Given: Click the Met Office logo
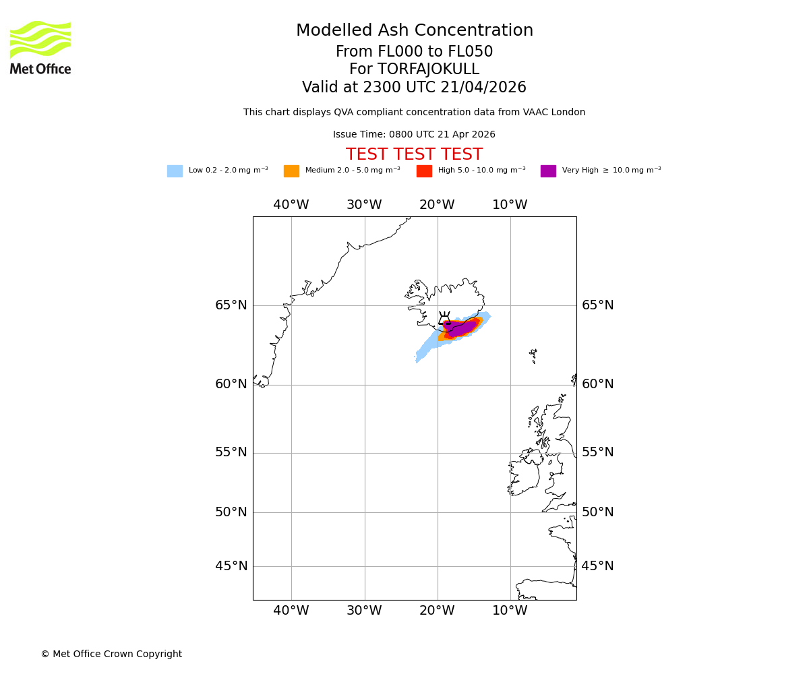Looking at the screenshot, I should pyautogui.click(x=40, y=47).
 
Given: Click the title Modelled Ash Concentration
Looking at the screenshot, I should pyautogui.click(x=414, y=31).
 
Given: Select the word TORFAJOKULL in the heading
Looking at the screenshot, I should pyautogui.click(x=428, y=69).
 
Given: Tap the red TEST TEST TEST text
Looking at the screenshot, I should pyautogui.click(x=414, y=155).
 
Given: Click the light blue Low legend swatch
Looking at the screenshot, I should pyautogui.click(x=175, y=171).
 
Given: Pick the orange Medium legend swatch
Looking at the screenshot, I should pyautogui.click(x=291, y=171).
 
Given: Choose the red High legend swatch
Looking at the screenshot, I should pyautogui.click(x=424, y=171).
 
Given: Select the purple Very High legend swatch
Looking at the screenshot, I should pyautogui.click(x=548, y=171).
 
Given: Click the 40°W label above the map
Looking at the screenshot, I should pyautogui.click(x=291, y=205).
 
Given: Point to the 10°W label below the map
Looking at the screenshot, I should pyautogui.click(x=510, y=611).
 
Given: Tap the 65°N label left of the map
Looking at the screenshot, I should pyautogui.click(x=231, y=305).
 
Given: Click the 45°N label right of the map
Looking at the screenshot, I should pyautogui.click(x=597, y=566).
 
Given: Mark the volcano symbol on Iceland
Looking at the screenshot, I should pyautogui.click(x=444, y=318).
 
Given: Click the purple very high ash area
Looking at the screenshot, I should pyautogui.click(x=461, y=328).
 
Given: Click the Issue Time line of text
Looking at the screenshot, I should pyautogui.click(x=414, y=135).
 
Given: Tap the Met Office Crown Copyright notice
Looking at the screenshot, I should pyautogui.click(x=111, y=654).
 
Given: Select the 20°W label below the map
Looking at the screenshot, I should pyautogui.click(x=437, y=611).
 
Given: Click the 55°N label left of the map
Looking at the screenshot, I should pyautogui.click(x=231, y=452).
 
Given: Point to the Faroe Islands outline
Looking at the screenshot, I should pyautogui.click(x=533, y=355).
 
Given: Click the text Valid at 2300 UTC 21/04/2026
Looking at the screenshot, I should pyautogui.click(x=414, y=88).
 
